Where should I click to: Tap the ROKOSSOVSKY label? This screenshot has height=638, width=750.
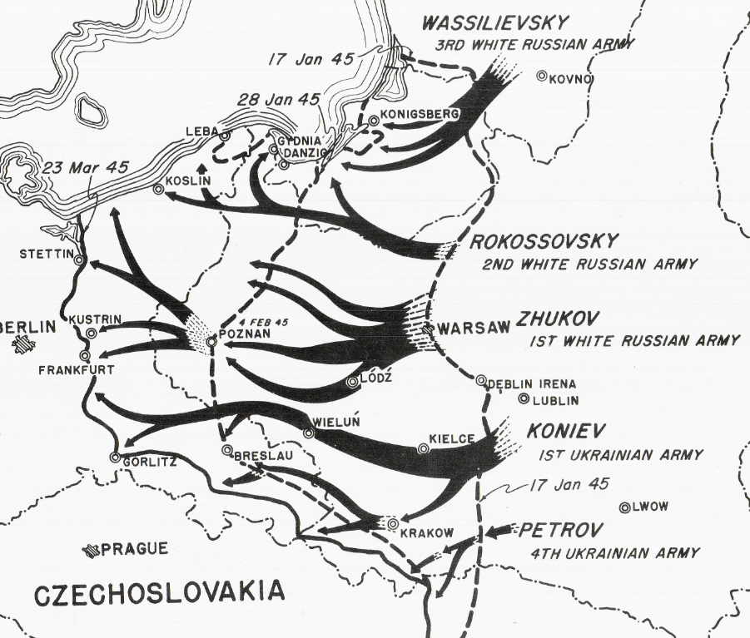point(544,242)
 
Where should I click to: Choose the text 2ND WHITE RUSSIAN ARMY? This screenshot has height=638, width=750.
point(589,265)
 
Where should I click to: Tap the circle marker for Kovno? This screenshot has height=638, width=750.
point(542,76)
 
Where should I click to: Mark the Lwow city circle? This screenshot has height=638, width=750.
point(624,507)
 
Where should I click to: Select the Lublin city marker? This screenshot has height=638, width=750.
point(524,398)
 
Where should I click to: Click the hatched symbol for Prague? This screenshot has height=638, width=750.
point(92,550)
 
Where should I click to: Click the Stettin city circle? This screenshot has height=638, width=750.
point(79,260)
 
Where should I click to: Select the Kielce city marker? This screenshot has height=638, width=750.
point(424,449)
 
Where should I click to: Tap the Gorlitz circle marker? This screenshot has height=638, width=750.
point(115,457)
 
